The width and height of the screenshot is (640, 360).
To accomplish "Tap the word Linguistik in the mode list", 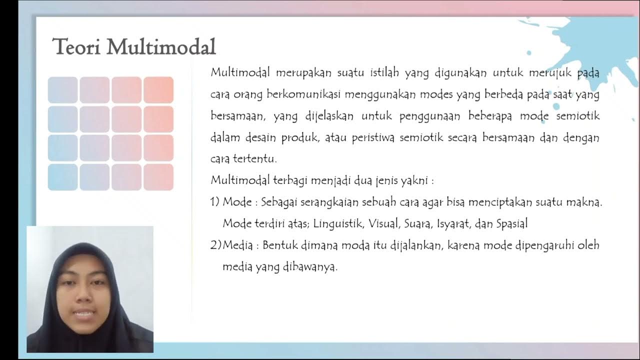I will tap(339, 224).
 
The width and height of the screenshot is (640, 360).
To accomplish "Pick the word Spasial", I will tap(511, 224).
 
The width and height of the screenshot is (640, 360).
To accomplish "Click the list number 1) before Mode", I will tap(215, 202).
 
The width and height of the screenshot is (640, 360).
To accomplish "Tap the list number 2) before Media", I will tap(215, 245).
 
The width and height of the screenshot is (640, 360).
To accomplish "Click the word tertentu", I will tap(254, 159).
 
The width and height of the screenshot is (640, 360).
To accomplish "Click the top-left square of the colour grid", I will tap(63, 90).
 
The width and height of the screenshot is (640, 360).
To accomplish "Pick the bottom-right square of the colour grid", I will tap(158, 177).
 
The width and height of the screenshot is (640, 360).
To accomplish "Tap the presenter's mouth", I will tap(84, 315).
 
